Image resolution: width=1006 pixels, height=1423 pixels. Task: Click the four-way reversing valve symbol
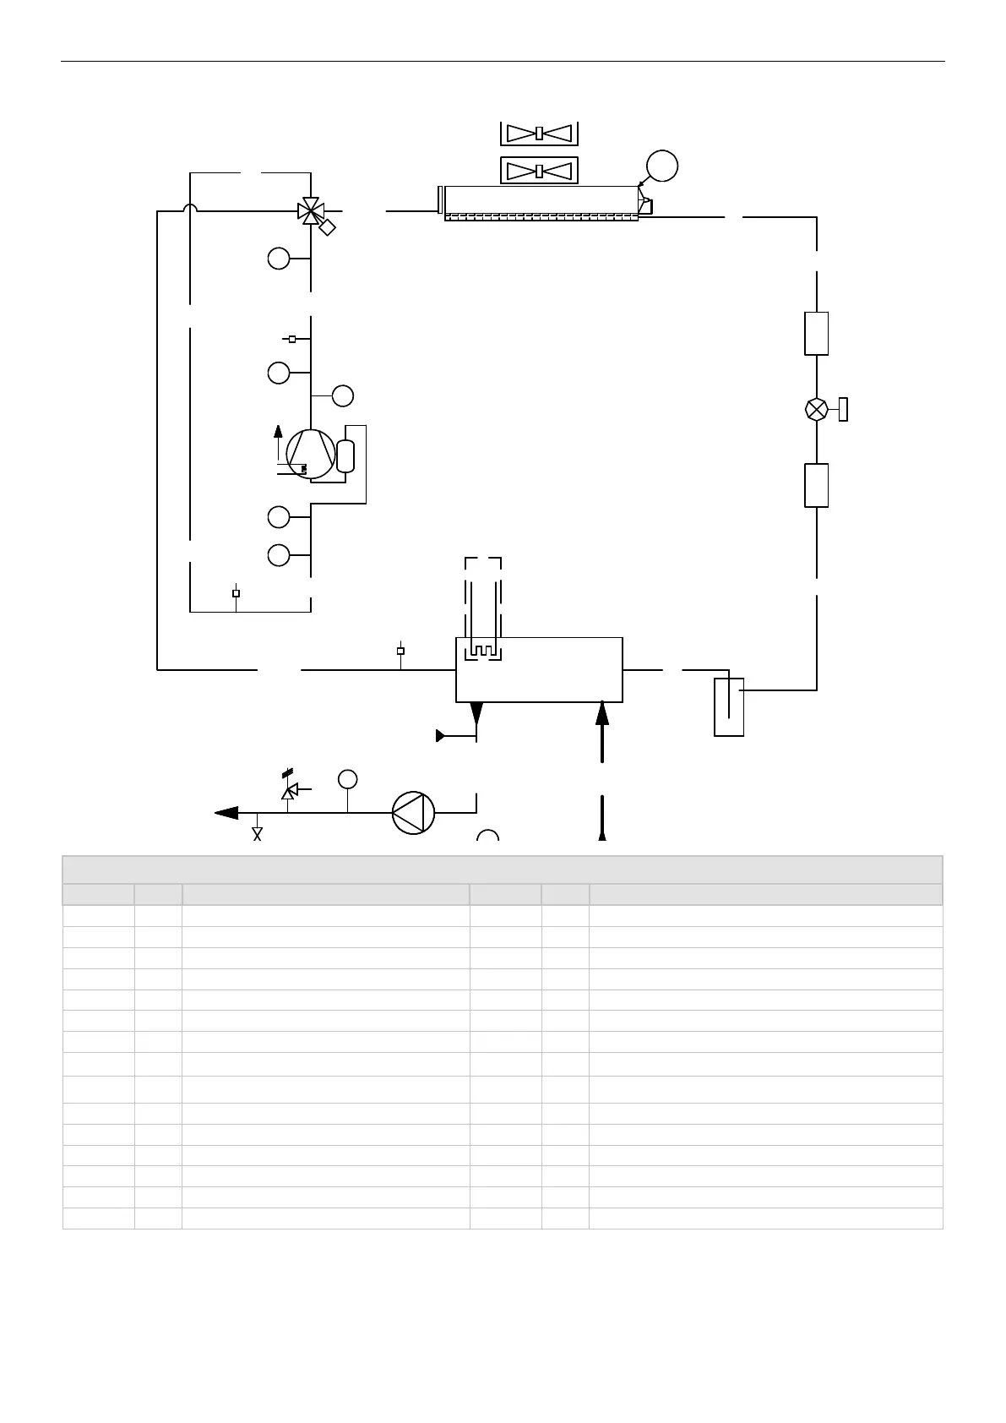312,210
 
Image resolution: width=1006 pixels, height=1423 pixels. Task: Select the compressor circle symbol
310,454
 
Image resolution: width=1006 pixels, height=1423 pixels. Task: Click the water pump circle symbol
413,813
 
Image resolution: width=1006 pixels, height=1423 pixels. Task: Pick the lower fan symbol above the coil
539,171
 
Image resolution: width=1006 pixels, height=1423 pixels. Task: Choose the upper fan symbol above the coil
539,133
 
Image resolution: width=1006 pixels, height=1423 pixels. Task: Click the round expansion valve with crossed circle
817,409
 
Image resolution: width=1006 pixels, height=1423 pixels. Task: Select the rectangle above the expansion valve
817,333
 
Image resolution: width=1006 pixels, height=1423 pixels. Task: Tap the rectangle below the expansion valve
817,485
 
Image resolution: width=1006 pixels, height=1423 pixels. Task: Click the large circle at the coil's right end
662,166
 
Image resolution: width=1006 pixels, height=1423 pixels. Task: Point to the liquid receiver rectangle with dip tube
729,706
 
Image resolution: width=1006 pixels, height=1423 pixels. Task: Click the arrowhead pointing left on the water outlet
226,813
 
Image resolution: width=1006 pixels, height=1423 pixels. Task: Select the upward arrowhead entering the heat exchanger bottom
602,713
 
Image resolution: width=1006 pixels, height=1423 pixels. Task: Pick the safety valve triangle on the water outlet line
288,792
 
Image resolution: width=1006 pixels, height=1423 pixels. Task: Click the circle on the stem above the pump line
347,779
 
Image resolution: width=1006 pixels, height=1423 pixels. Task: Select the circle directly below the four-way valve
279,259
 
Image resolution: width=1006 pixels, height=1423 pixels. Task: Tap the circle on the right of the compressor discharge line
343,395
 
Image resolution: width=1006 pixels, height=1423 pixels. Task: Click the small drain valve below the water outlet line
258,834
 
